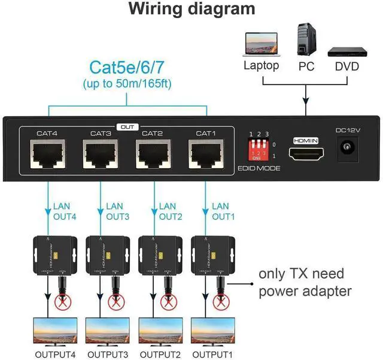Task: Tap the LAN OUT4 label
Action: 66,211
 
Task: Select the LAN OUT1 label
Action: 223,211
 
